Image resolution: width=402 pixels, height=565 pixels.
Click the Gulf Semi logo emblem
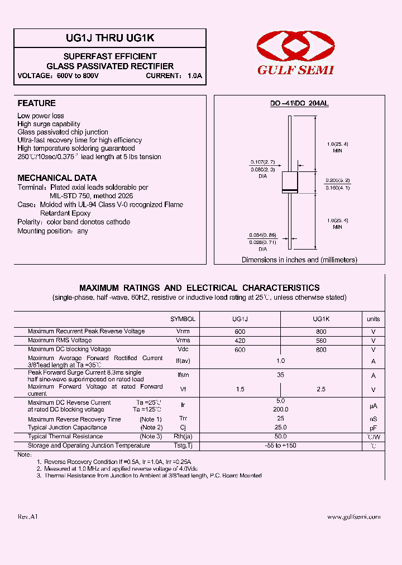[x=295, y=46]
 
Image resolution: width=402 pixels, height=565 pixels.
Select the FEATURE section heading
[x=37, y=103]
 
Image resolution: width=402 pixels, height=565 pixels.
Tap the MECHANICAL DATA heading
[x=57, y=178]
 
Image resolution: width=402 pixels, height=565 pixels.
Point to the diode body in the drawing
[x=289, y=183]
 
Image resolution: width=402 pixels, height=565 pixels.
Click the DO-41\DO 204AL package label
[x=299, y=104]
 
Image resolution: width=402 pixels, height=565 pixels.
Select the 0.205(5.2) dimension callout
[x=337, y=180]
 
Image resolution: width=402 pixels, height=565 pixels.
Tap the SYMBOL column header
[x=183, y=319]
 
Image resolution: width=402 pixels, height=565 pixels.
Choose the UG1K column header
[x=321, y=319]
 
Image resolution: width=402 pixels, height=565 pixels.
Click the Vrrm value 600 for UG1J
[x=240, y=332]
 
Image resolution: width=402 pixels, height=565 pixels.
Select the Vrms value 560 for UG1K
[x=321, y=340]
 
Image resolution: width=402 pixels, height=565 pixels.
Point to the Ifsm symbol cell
[x=183, y=376]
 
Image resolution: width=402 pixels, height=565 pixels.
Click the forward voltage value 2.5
[x=321, y=389]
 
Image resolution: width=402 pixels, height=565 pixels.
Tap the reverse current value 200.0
[x=281, y=409]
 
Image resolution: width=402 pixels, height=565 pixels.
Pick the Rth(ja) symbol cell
[x=183, y=437]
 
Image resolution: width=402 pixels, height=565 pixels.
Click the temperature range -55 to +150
[x=281, y=446]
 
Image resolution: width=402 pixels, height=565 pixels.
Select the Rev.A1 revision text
[x=27, y=517]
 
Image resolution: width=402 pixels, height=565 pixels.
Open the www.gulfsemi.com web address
[x=353, y=517]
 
